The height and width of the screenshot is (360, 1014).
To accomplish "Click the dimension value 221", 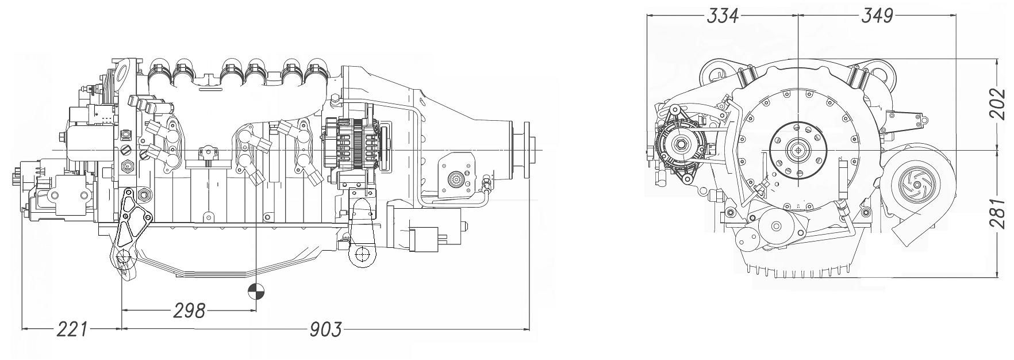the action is pos(72,330).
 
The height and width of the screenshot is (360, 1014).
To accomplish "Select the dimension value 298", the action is pos(189,311).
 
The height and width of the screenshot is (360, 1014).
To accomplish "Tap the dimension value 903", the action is pos(325,330).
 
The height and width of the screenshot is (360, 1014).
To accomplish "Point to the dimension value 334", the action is pos(723,16).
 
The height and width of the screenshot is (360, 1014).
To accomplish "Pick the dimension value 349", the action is pos(877,16).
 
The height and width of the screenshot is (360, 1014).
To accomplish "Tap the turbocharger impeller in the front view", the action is pos(913,185).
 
